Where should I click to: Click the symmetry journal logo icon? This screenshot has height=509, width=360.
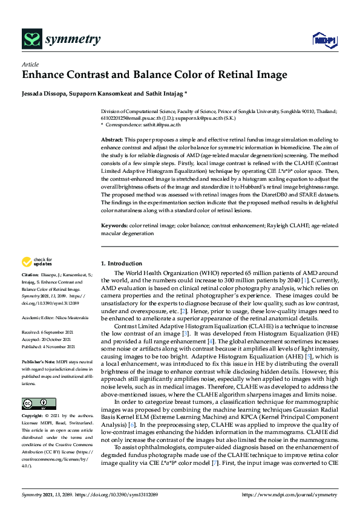pos(31,41)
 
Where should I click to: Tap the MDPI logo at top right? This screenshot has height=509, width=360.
pos(323,41)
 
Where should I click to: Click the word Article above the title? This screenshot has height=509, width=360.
pos(30,64)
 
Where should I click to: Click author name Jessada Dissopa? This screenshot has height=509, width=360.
pos(44,94)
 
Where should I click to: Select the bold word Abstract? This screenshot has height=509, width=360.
pos(112,140)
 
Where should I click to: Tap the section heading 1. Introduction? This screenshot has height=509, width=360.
pos(122,264)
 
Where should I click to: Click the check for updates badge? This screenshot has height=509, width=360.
pos(36,262)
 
